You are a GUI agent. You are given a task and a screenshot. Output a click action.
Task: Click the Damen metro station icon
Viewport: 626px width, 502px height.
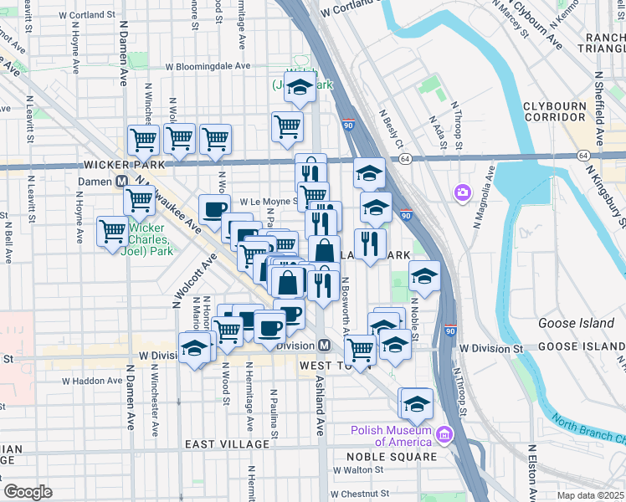121,180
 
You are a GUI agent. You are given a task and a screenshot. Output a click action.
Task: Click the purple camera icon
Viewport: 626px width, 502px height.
462,193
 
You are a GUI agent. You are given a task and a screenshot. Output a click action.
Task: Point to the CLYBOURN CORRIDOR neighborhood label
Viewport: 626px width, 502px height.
558,111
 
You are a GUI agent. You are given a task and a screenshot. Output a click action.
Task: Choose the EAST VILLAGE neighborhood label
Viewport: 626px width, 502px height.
220,443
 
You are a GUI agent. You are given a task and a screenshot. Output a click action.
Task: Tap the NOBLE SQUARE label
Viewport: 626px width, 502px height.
394,457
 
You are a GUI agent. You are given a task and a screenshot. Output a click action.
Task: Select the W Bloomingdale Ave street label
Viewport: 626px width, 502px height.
208,66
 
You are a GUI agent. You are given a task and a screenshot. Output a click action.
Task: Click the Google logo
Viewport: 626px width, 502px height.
28,492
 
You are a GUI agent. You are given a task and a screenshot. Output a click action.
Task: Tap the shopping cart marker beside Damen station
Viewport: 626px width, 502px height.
139,200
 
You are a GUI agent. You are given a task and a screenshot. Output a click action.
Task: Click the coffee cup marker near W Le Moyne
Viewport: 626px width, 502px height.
214,209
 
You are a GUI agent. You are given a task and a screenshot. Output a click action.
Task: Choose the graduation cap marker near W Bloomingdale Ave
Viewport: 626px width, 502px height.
299,86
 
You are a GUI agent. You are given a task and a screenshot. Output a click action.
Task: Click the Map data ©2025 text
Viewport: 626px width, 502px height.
590,495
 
